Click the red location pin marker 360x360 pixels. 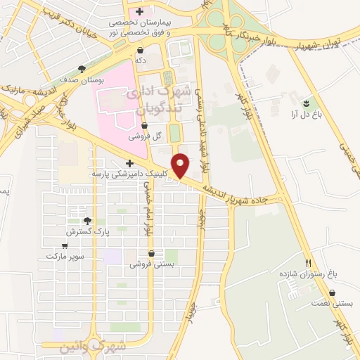181,165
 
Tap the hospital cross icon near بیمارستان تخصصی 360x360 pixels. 139,11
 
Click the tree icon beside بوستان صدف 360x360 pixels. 82,69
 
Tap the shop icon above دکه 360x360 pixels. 141,50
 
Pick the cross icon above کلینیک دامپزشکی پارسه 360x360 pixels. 130,163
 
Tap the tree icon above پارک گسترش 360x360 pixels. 87,220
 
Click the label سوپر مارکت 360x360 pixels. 65,256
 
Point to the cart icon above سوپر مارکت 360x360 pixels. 65,245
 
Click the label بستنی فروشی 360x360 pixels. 150,264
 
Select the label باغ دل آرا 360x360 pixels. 307,112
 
